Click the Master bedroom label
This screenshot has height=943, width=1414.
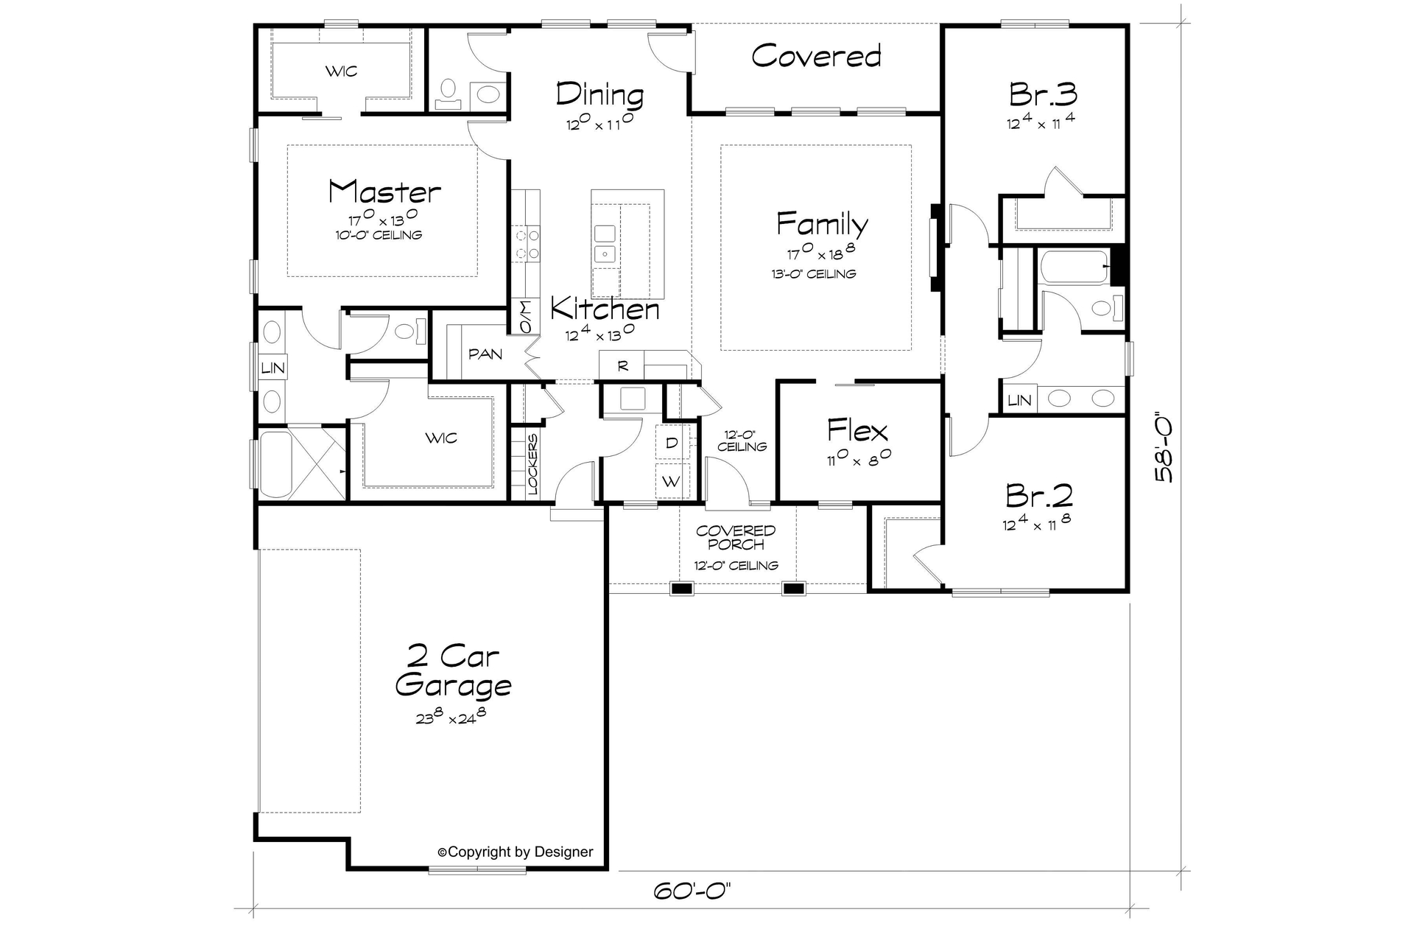pyautogui.click(x=384, y=192)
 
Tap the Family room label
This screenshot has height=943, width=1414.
pyautogui.click(x=822, y=223)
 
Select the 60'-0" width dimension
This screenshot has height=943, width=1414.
pyautogui.click(x=692, y=891)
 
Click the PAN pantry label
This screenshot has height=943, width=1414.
pyautogui.click(x=485, y=354)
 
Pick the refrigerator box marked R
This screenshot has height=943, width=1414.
pyautogui.click(x=622, y=365)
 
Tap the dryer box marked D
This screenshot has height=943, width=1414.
pyautogui.click(x=672, y=443)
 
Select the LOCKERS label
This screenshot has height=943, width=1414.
pyautogui.click(x=532, y=463)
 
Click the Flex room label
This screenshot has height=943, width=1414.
pyautogui.click(x=857, y=430)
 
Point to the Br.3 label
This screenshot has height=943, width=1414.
pyautogui.click(x=1043, y=94)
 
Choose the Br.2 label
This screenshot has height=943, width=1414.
pyautogui.click(x=1038, y=497)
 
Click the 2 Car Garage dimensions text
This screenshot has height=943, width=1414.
pyautogui.click(x=451, y=716)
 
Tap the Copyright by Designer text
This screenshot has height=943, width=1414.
pyautogui.click(x=516, y=852)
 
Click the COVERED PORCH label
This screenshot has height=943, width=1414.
pyautogui.click(x=736, y=537)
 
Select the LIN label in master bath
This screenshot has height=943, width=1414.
pyautogui.click(x=272, y=368)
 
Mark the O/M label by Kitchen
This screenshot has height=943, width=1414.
pyautogui.click(x=525, y=317)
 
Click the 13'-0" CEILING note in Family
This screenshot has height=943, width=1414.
pyautogui.click(x=813, y=274)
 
